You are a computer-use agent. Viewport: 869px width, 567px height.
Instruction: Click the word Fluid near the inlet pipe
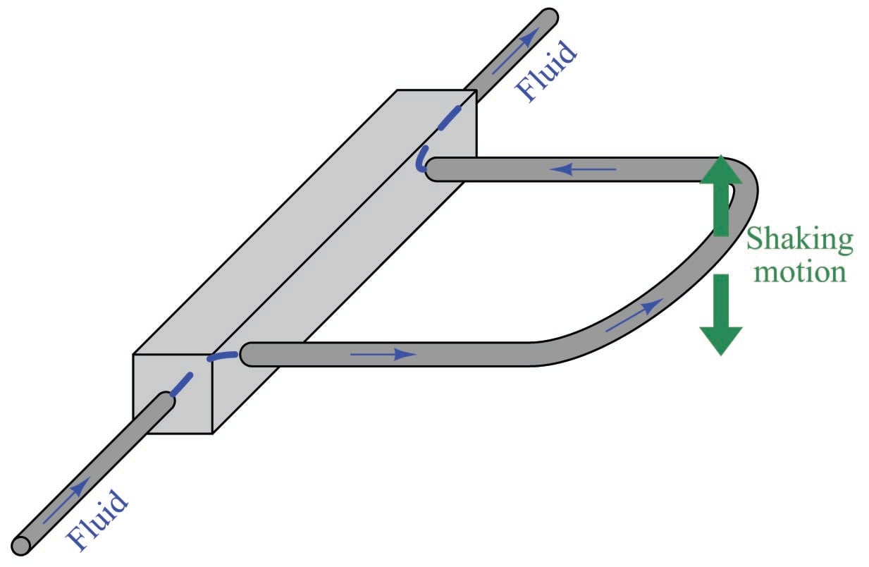(x=97, y=520)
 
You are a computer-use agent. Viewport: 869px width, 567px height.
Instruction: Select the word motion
(x=799, y=272)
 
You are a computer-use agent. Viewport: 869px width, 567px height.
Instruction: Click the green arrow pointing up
(x=721, y=195)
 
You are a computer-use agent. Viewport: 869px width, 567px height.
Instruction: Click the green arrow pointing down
(x=721, y=315)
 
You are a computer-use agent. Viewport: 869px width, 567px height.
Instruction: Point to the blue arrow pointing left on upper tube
(x=583, y=169)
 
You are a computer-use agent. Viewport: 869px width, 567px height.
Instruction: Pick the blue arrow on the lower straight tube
(x=383, y=354)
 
